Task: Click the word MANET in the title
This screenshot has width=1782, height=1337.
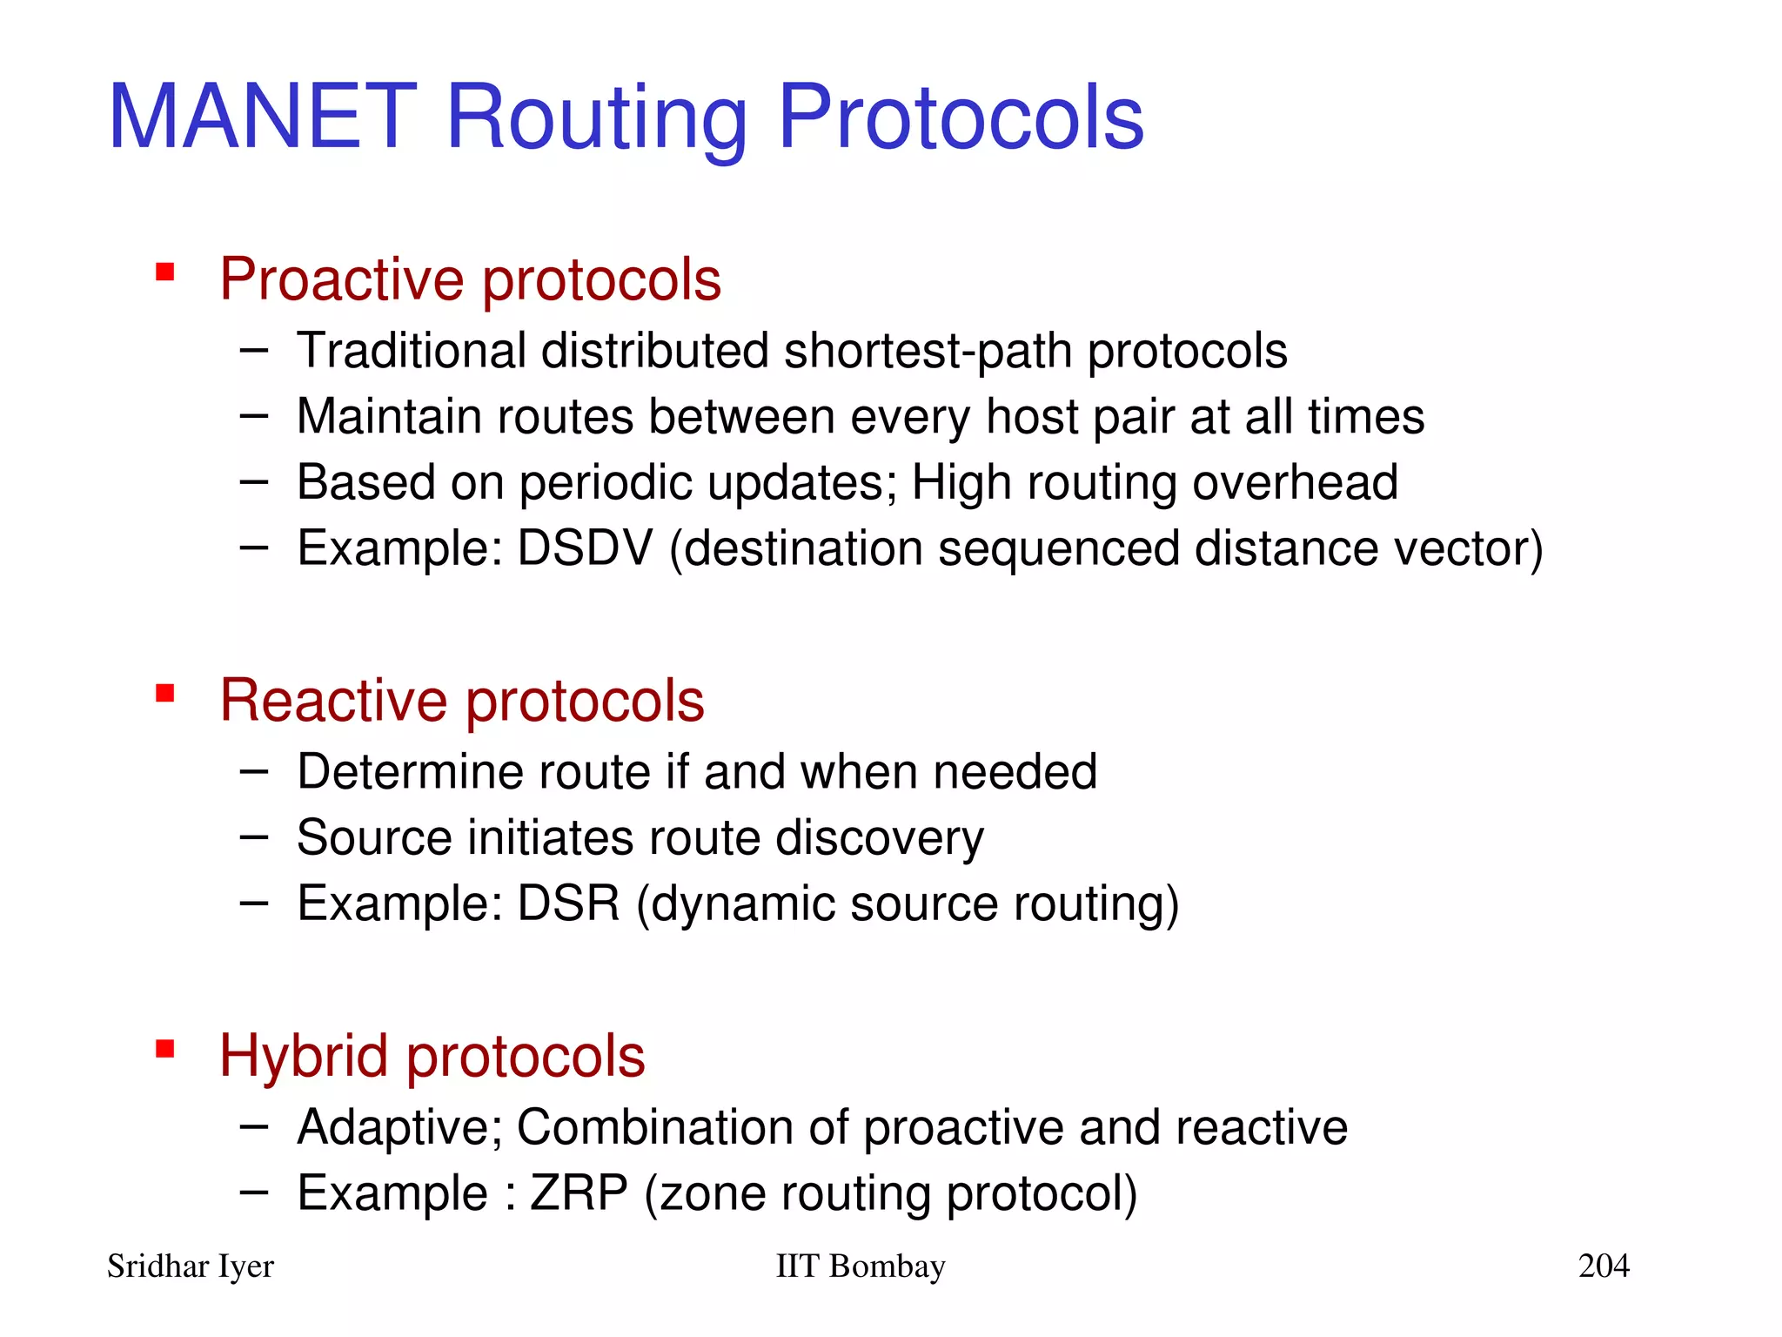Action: (262, 117)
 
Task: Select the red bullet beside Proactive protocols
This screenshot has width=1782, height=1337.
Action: (164, 273)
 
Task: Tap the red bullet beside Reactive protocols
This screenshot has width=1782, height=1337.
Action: (164, 694)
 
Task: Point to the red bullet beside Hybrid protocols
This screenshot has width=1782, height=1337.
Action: (164, 1049)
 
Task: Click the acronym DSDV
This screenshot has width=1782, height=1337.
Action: (585, 548)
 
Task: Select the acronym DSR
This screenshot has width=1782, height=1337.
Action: (569, 903)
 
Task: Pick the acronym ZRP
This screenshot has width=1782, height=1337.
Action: (579, 1193)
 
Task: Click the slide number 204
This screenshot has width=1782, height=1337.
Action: (1603, 1266)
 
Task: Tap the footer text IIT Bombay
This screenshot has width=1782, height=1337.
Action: (860, 1266)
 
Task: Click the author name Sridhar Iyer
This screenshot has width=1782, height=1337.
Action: (191, 1266)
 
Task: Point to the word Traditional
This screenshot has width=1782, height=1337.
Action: (411, 351)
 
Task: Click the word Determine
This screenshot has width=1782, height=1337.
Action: (410, 772)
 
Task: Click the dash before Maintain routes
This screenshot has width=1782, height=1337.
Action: (253, 416)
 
